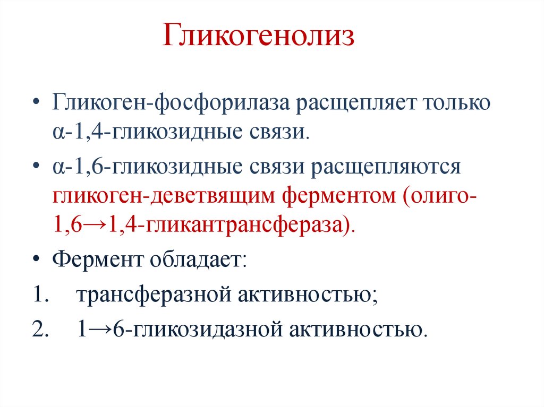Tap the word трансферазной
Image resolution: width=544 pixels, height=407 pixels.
pyautogui.click(x=152, y=295)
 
